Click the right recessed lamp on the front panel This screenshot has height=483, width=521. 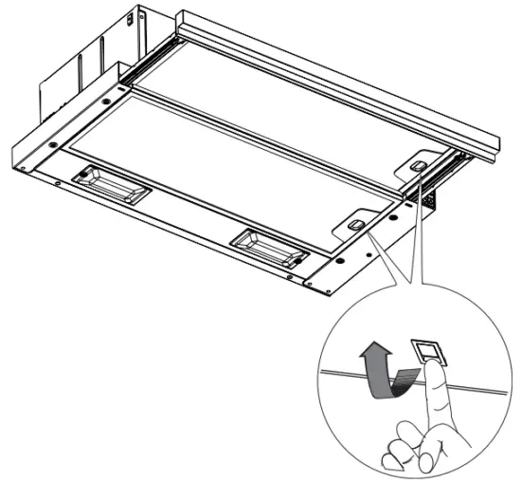(270, 245)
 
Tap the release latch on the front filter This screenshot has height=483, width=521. (354, 224)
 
